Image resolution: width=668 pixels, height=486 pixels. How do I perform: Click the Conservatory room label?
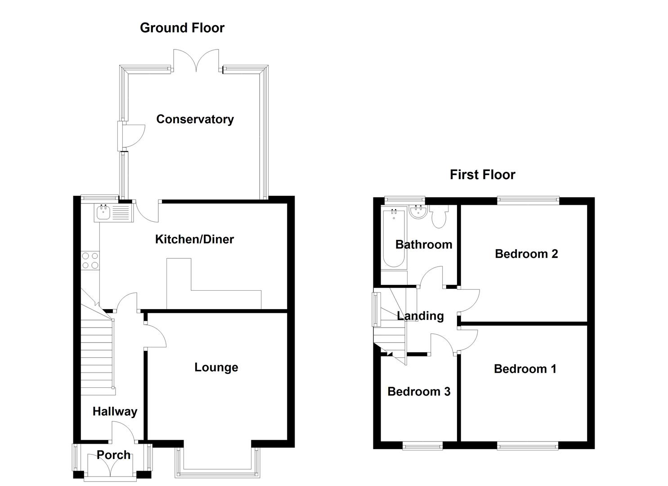point(195,119)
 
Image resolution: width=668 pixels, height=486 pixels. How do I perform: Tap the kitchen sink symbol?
point(113,212)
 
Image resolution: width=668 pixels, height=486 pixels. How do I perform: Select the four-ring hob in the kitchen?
point(90,261)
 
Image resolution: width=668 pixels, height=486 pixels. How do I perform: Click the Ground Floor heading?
point(182,28)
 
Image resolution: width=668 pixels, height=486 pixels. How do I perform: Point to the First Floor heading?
point(482,175)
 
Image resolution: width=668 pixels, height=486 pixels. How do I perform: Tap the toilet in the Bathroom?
point(438,217)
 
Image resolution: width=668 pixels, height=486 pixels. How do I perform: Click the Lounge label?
point(216,367)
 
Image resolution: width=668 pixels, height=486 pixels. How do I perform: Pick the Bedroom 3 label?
point(418,391)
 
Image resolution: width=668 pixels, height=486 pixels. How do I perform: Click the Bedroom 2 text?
point(526,254)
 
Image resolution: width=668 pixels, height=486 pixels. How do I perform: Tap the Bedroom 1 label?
point(525,369)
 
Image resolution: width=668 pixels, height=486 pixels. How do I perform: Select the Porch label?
point(113,455)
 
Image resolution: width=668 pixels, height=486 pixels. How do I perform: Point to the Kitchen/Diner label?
point(194,239)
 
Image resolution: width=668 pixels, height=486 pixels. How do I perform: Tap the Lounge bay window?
point(218,472)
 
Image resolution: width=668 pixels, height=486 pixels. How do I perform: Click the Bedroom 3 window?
point(422,446)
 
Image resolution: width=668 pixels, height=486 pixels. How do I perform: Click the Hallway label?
point(115,411)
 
